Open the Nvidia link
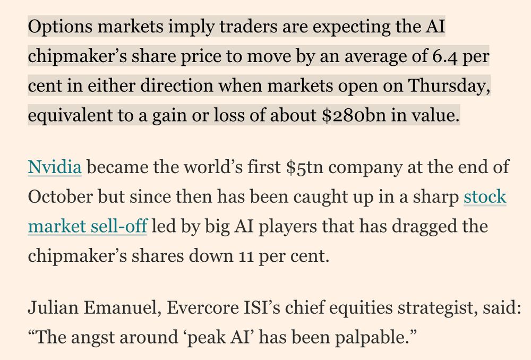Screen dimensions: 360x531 click(54, 168)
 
